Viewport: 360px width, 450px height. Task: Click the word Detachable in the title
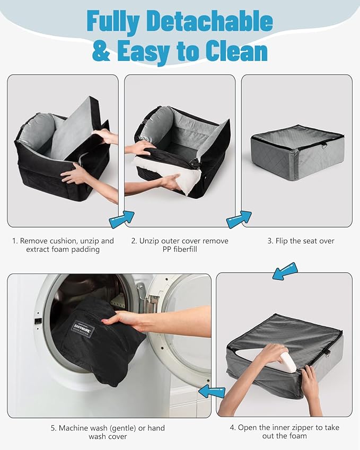pos(211,22)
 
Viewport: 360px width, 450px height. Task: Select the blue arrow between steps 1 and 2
pos(122,219)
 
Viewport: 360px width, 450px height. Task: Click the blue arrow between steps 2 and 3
pos(239,219)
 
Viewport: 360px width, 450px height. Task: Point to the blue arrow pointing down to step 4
pos(285,271)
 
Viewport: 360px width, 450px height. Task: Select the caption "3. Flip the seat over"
pos(301,241)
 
